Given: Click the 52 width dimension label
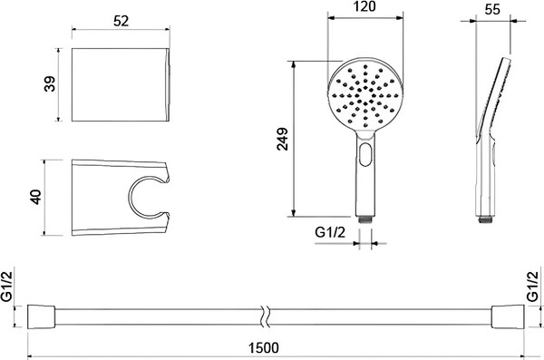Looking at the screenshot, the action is pyautogui.click(x=121, y=21).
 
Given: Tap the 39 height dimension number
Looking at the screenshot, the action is pyautogui.click(x=50, y=84).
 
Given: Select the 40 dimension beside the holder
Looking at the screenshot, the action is pyautogui.click(x=36, y=197).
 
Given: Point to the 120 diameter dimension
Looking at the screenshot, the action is pyautogui.click(x=364, y=6).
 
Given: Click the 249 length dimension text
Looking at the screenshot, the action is pyautogui.click(x=282, y=139).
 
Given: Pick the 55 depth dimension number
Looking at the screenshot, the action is pyautogui.click(x=492, y=9).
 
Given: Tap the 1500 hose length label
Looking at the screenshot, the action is pyautogui.click(x=264, y=347).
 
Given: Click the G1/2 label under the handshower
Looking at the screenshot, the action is pyautogui.click(x=330, y=232).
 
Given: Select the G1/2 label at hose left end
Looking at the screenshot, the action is pyautogui.click(x=7, y=286).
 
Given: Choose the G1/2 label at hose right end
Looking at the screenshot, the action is pyautogui.click(x=533, y=287).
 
